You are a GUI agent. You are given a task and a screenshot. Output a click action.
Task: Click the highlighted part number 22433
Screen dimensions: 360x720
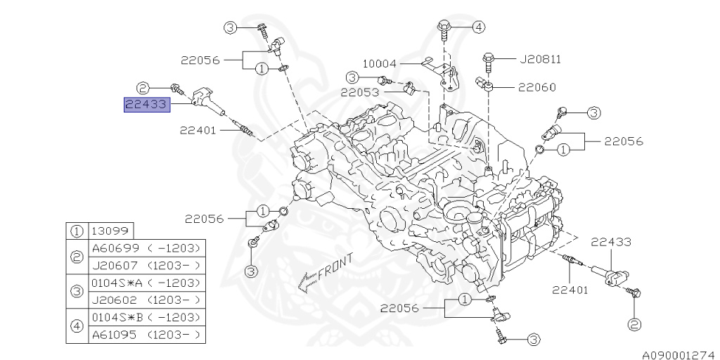146,105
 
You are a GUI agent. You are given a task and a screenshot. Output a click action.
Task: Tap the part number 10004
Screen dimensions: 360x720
380,63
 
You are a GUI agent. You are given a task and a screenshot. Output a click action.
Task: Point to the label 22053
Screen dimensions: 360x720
361,91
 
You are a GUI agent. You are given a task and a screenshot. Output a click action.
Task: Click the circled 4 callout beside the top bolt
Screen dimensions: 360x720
478,27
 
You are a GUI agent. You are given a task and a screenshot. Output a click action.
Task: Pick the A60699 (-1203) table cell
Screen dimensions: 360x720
148,248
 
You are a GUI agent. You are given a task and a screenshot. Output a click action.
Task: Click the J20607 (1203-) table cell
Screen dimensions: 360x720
148,266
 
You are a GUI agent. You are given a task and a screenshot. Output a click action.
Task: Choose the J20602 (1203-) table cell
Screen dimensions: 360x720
148,300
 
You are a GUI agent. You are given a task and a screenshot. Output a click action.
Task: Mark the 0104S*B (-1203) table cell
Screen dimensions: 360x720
148,318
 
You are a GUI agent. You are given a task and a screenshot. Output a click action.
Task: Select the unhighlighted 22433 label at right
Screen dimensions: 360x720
610,242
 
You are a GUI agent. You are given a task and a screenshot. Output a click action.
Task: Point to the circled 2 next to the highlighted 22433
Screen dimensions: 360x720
143,88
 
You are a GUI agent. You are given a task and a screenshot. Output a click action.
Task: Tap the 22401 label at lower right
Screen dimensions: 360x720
570,290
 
